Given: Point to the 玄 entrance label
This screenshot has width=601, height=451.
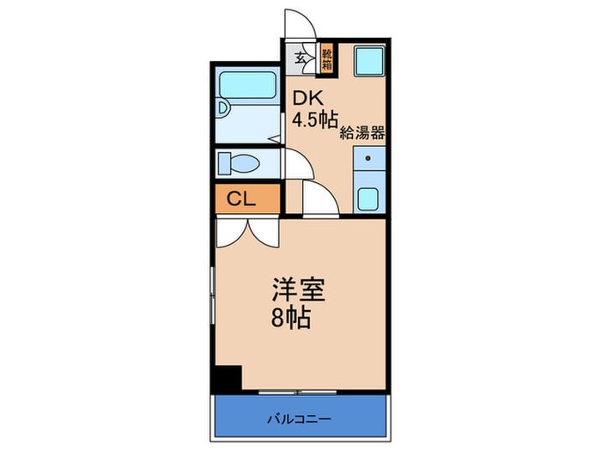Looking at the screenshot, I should click(300, 58).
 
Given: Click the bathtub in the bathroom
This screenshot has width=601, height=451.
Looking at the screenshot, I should click(247, 87).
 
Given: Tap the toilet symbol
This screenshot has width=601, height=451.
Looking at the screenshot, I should click(237, 162).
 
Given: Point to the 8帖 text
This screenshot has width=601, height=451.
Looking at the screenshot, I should click(292, 320).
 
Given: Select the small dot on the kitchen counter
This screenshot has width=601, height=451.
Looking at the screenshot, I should click(370, 159).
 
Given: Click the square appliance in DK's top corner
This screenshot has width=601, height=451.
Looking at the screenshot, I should click(370, 62).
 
